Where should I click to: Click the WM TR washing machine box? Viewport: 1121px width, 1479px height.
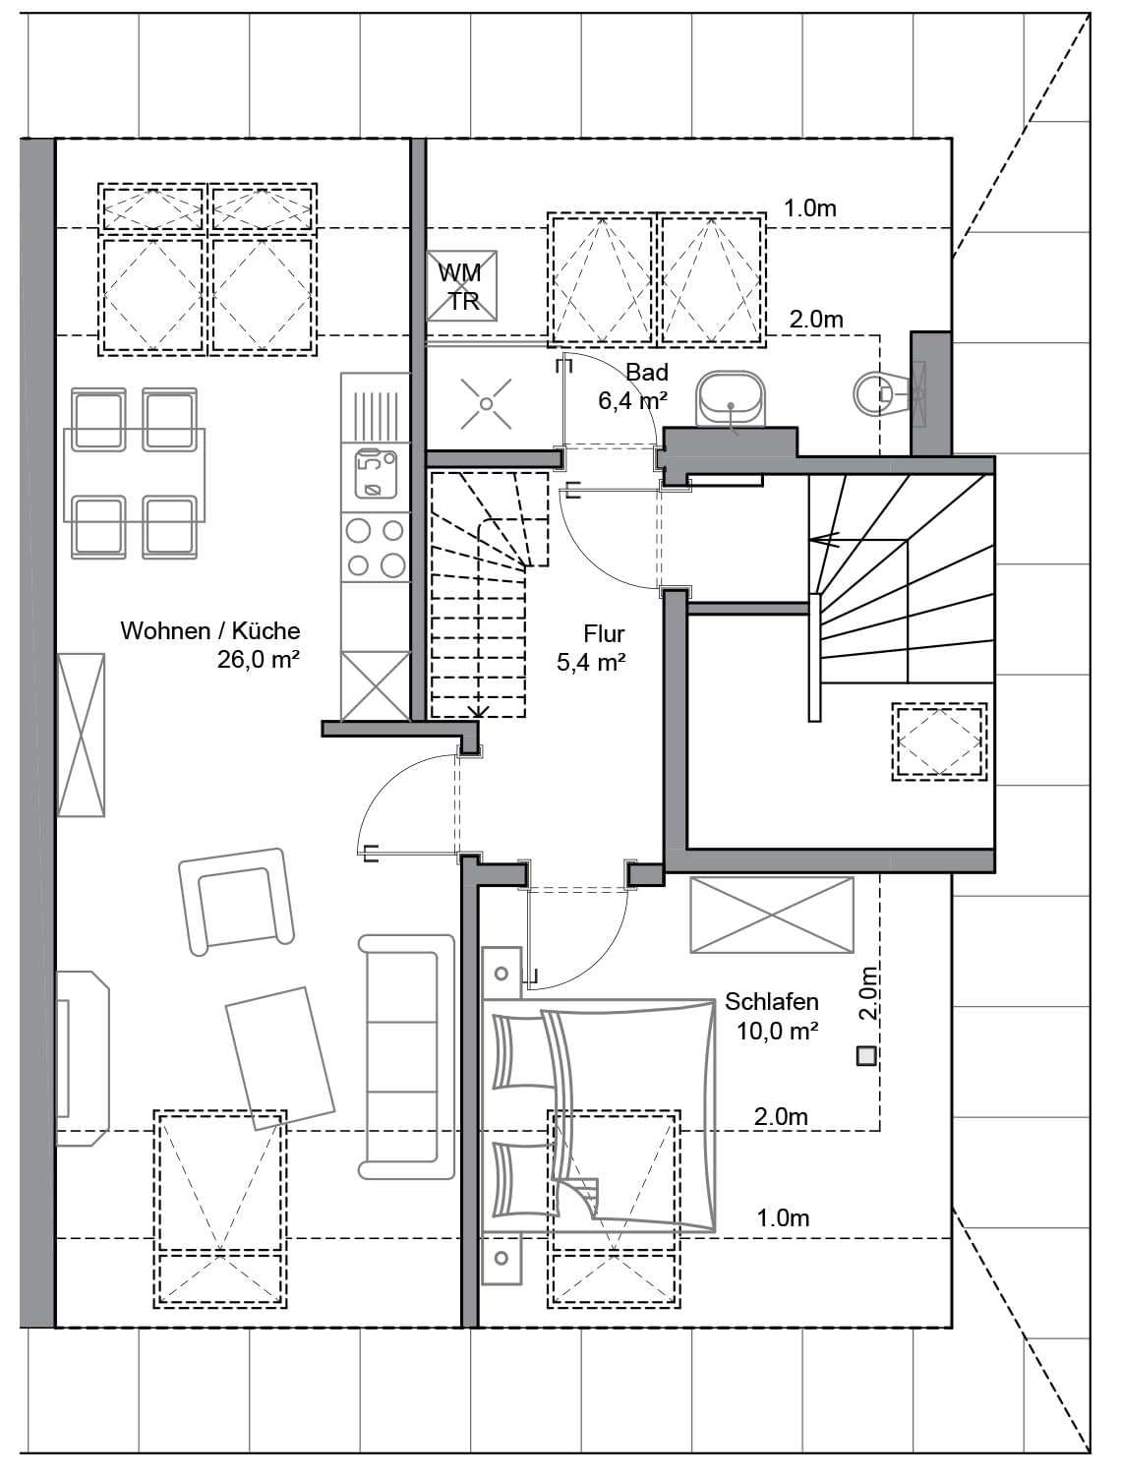(461, 286)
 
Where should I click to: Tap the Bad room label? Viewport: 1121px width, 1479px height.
(647, 372)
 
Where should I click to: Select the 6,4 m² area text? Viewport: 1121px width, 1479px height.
(632, 401)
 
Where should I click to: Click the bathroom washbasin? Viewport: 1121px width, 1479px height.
(731, 399)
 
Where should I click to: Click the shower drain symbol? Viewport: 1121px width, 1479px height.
(486, 404)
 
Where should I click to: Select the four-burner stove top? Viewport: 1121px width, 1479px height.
(376, 548)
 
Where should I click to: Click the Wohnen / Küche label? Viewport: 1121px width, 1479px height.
(210, 630)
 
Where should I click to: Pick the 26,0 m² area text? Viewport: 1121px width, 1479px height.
(258, 660)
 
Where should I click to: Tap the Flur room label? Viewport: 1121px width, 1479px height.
(604, 633)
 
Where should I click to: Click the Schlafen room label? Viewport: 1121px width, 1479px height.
(771, 1001)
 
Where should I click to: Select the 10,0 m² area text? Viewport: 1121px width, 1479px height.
(778, 1031)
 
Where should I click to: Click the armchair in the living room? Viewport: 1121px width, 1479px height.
(236, 902)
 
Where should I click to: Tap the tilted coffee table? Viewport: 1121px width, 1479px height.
(279, 1058)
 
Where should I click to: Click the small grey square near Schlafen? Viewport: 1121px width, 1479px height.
(866, 1056)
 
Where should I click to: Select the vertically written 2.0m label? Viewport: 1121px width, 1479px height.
(869, 992)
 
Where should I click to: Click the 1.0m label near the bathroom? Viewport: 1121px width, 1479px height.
(809, 208)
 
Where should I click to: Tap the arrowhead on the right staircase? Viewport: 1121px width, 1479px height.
(825, 539)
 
